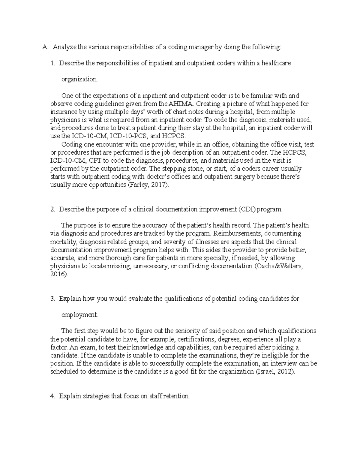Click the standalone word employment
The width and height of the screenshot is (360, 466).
pos(79,315)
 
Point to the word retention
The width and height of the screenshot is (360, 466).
pos(175,396)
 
